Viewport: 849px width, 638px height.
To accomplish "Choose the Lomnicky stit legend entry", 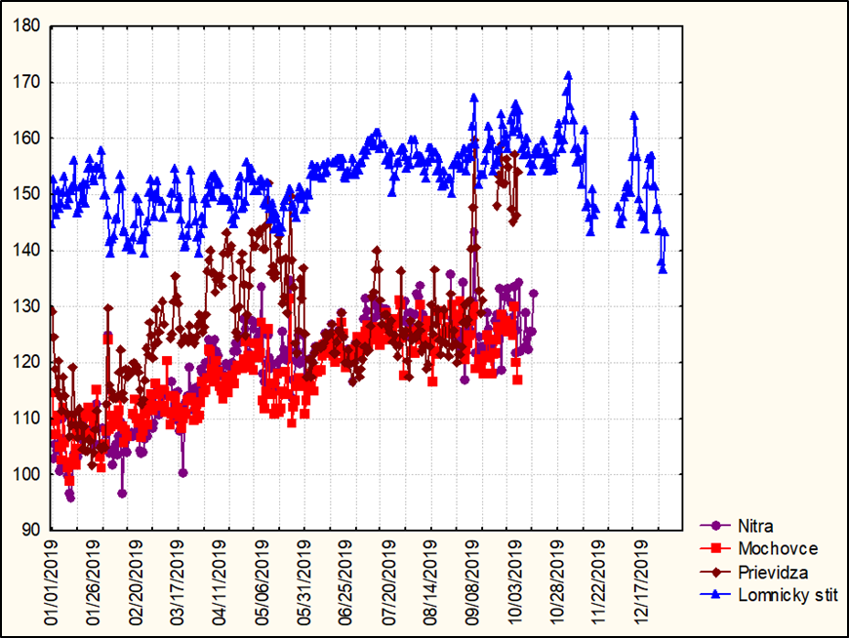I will [x=787, y=594].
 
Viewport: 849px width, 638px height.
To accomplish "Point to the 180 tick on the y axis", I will [x=26, y=26].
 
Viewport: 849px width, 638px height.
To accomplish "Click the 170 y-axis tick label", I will [x=26, y=83].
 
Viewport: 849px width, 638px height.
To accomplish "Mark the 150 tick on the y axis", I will [x=26, y=195].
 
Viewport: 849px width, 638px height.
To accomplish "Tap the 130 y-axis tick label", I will [x=26, y=307].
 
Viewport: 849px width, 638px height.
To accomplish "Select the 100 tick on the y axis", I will [x=26, y=475].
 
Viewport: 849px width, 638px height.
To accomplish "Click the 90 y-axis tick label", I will [x=30, y=531].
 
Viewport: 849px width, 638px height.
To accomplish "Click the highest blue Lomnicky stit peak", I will [x=568, y=74].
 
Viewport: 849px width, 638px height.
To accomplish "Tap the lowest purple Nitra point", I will [x=70, y=498].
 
